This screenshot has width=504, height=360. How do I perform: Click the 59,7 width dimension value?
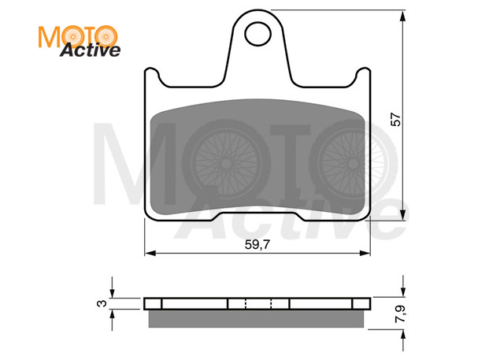click(258, 245)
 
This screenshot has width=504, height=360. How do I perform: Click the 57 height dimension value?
click(395, 119)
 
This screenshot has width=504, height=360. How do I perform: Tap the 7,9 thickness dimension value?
click(401, 314)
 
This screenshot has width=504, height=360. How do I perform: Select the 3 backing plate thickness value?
click(102, 303)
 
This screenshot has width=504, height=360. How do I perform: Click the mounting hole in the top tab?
click(258, 34)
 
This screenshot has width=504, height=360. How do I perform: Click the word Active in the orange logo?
click(90, 50)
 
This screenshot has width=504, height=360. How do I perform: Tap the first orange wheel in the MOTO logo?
click(73, 37)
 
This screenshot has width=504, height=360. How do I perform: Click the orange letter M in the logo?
click(50, 37)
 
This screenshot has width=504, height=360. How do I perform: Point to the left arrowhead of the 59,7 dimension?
click(150, 254)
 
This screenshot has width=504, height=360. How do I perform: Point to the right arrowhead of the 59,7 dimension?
click(365, 254)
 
